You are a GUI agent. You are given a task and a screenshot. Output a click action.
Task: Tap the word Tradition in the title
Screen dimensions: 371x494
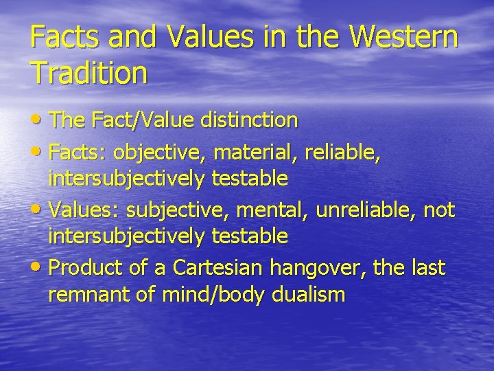(89, 72)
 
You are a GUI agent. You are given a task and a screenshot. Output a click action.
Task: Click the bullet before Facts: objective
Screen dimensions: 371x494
(36, 150)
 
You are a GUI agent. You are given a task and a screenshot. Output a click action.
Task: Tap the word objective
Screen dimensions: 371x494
(156, 150)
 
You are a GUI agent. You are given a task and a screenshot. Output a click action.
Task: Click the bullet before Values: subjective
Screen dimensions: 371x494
(36, 209)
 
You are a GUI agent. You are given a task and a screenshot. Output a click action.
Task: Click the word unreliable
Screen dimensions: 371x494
(364, 209)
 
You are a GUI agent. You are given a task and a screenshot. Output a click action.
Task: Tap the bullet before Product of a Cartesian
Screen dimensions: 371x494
(36, 267)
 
